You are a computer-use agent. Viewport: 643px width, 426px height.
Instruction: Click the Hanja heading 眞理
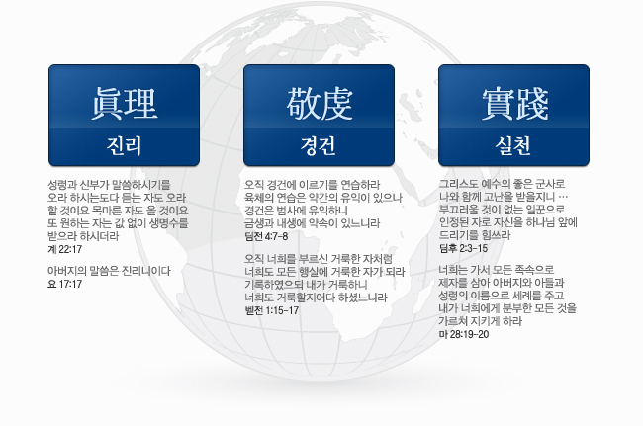125,104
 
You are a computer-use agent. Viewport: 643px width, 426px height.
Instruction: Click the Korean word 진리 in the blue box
125,145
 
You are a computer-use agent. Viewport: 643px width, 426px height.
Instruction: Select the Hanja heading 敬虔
320,104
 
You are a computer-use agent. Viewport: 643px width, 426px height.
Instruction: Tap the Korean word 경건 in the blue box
319,145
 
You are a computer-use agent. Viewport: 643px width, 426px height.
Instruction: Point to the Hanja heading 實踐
514,104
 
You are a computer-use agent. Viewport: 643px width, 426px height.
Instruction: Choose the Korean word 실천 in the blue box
513,145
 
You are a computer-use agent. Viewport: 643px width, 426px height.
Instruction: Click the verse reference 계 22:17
64,249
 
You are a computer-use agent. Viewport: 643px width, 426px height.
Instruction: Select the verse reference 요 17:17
64,284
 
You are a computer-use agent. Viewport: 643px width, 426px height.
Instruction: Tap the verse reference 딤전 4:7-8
266,236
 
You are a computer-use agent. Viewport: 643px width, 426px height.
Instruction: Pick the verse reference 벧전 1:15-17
272,310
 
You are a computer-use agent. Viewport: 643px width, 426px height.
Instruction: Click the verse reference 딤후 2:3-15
463,248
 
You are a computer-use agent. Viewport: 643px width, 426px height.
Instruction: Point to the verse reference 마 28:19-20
464,334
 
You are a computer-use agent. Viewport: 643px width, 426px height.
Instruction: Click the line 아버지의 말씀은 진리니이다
109,271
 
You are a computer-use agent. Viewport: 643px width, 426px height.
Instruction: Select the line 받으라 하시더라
83,236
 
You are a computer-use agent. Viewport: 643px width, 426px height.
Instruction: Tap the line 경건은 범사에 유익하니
296,211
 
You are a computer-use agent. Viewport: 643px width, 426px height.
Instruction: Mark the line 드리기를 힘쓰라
475,235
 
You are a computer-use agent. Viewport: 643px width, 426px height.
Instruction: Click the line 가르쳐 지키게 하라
481,321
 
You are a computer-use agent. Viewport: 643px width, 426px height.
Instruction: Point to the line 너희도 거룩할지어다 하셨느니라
316,298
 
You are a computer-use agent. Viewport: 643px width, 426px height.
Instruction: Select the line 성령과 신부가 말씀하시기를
109,185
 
